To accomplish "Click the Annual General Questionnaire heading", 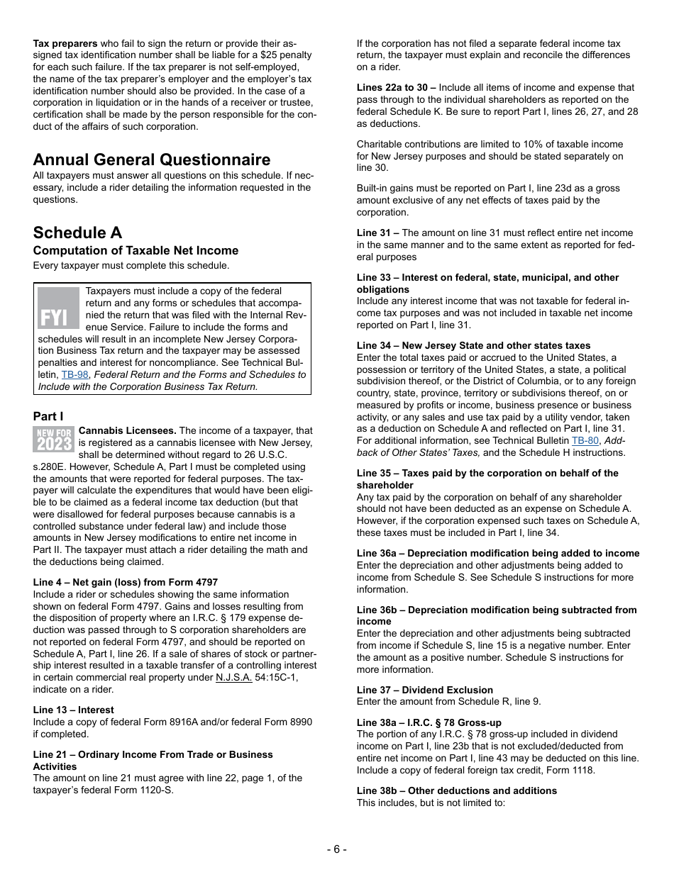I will [151, 160].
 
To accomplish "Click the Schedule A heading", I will [77, 233].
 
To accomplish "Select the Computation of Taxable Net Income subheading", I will [136, 250].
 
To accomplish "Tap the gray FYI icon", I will [58, 308].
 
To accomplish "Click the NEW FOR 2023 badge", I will [54, 440].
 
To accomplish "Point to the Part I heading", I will [48, 416].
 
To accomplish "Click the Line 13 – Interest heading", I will [73, 710].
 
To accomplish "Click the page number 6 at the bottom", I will [337, 849].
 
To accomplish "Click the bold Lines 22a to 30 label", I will [396, 87].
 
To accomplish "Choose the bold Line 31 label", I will [377, 233].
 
